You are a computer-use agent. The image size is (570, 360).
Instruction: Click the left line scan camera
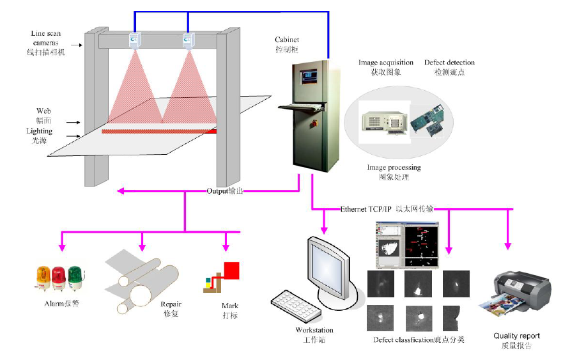(135, 40)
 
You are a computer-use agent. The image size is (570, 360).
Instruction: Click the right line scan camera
(189, 40)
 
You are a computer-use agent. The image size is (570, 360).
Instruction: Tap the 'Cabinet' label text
(287, 40)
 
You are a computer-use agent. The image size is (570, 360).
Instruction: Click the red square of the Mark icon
(231, 270)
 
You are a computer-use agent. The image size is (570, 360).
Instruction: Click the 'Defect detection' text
(449, 63)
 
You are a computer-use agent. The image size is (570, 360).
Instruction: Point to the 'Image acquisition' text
(386, 63)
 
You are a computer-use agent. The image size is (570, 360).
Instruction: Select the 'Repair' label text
(171, 305)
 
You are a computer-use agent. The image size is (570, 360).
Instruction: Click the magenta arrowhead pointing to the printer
(509, 244)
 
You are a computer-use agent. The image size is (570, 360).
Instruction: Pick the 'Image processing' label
(394, 168)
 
